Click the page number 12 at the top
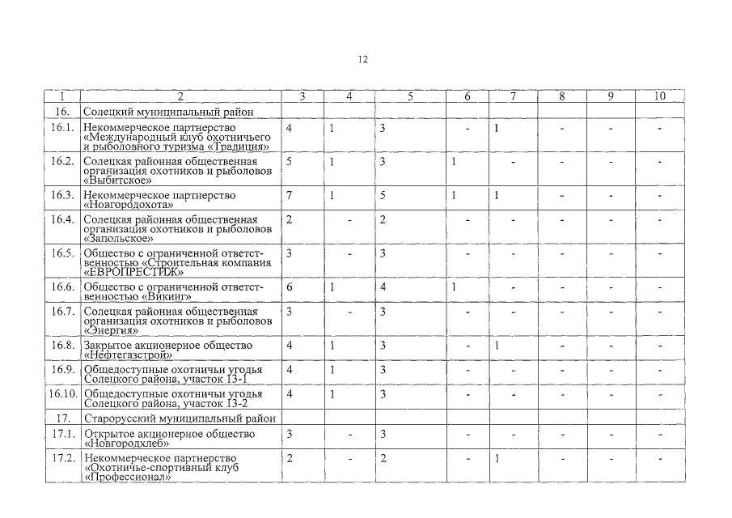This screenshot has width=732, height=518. tap(363, 60)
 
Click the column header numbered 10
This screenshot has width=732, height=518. tap(659, 96)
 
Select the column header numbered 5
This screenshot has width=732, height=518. tap(410, 96)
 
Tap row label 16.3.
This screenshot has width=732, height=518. tap(62, 195)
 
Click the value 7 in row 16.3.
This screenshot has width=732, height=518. tap(289, 195)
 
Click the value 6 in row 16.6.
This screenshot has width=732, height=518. tap(289, 287)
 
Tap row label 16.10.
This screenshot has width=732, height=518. tap(62, 393)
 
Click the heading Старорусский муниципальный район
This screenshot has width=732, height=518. tap(180, 418)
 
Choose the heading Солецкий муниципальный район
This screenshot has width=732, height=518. tap(168, 110)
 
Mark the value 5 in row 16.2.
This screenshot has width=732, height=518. tap(289, 161)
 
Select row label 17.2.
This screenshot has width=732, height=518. tap(62, 458)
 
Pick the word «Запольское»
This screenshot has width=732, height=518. tap(118, 239)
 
